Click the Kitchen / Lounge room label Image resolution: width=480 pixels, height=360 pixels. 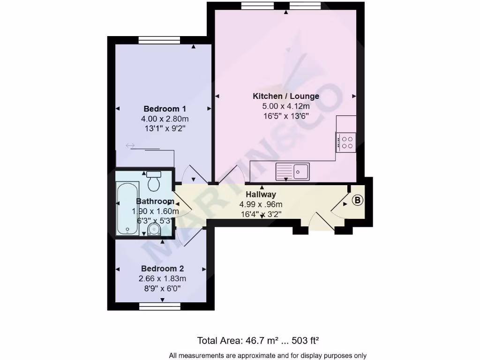click(286, 96)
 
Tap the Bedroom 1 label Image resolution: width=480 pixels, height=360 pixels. click(161, 109)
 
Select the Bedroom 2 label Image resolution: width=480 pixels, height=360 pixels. click(162, 269)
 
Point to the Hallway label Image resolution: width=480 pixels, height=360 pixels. click(261, 194)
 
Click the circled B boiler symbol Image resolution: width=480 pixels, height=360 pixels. click(358, 201)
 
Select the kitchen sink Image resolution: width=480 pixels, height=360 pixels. click(292, 171)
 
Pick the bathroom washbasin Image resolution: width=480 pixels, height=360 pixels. click(154, 229)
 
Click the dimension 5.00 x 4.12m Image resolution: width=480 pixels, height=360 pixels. click(286, 106)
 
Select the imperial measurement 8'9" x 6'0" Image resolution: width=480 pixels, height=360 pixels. click(162, 288)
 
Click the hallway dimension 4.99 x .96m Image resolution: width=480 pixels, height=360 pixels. click(261, 204)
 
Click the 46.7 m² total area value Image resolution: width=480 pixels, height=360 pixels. click(258, 340)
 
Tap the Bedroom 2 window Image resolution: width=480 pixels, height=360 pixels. click(160, 306)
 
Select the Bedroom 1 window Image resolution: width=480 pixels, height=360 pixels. click(160, 40)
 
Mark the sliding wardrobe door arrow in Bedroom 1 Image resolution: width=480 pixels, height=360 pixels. click(130, 146)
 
